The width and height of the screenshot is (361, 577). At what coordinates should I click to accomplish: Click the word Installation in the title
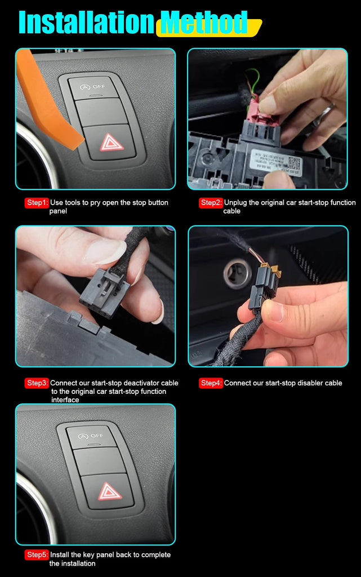point(86,23)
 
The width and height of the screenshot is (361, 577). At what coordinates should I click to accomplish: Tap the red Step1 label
point(37,203)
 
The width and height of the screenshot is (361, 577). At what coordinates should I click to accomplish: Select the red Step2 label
point(211,203)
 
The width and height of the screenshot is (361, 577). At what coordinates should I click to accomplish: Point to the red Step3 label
point(37,383)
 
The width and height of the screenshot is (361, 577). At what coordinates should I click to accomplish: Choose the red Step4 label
point(211,383)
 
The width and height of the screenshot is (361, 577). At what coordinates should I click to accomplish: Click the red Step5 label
point(37,555)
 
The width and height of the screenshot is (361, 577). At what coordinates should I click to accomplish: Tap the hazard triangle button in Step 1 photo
point(112,142)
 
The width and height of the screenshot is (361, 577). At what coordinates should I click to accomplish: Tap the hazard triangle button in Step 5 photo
point(110,492)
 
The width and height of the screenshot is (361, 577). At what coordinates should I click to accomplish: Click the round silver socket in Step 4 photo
point(237,273)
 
